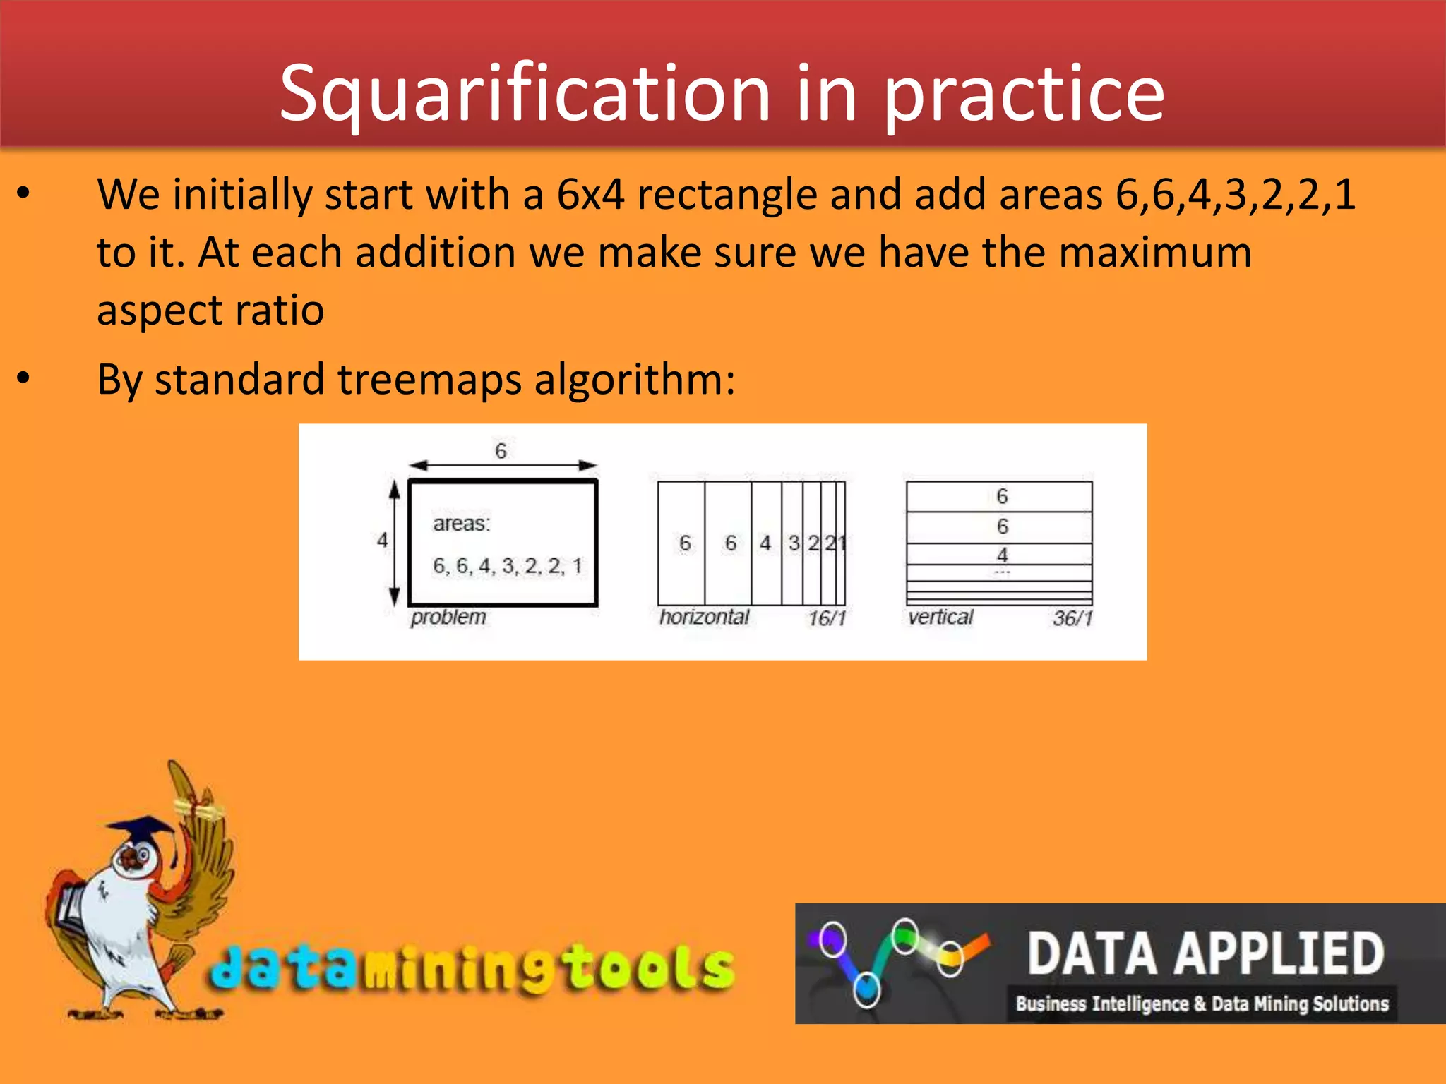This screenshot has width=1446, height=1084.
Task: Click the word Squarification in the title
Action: (525, 94)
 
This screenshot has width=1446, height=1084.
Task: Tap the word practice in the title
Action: (1024, 94)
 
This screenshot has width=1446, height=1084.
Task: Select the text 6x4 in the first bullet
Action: (590, 194)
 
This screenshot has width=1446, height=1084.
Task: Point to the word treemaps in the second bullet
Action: (429, 380)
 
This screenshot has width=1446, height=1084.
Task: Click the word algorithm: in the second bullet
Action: (635, 380)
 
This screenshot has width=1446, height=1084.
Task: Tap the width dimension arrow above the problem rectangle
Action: (503, 465)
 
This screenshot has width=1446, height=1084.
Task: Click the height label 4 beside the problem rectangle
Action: (383, 541)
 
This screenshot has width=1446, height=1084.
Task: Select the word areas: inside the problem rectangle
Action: (461, 524)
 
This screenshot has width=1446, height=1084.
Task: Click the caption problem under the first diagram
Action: (448, 618)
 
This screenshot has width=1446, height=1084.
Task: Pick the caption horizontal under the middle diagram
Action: (704, 618)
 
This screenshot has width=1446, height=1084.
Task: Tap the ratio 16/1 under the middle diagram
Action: (827, 619)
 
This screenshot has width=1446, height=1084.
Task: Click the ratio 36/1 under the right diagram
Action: (1072, 619)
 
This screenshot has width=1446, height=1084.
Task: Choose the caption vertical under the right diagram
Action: (940, 618)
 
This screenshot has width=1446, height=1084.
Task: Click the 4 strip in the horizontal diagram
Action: (766, 543)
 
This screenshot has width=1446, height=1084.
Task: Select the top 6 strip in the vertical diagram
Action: (1000, 497)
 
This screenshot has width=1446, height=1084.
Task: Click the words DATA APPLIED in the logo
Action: (1205, 953)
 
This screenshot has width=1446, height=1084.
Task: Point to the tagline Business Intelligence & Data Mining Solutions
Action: (1202, 1004)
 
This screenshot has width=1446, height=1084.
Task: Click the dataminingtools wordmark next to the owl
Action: (472, 968)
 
